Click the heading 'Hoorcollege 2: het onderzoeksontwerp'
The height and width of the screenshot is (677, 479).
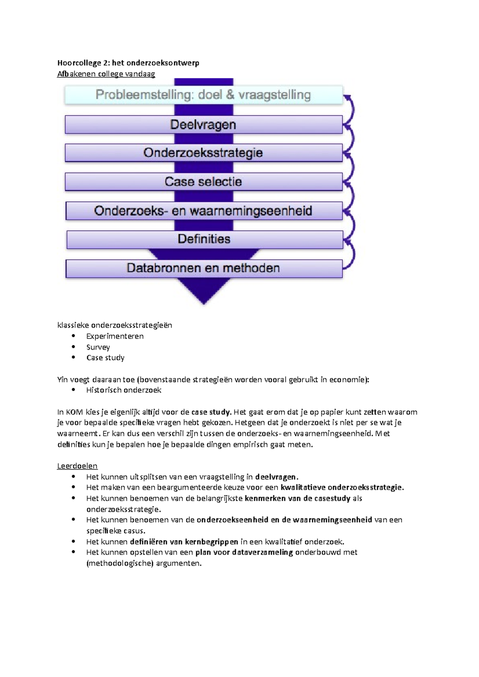(128, 63)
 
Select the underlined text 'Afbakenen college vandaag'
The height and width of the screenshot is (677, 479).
(106, 74)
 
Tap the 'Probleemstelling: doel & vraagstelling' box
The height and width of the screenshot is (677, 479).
(203, 95)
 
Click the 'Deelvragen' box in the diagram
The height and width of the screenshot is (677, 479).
(203, 125)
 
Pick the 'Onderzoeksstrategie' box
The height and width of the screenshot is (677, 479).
(203, 153)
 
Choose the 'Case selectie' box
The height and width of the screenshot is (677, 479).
(203, 182)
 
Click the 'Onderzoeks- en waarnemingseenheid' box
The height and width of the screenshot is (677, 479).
(203, 211)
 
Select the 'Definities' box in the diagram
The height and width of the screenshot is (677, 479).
(204, 239)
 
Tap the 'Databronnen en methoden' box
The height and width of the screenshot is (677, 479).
(203, 268)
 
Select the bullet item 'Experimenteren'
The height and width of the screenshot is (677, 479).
(115, 336)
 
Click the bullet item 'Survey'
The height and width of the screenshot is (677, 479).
(98, 347)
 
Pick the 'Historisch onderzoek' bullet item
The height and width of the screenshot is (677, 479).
(124, 390)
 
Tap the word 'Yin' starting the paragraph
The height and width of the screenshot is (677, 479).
(62, 380)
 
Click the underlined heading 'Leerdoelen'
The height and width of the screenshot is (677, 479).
(77, 466)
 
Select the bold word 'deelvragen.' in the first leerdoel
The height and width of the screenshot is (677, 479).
(277, 477)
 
